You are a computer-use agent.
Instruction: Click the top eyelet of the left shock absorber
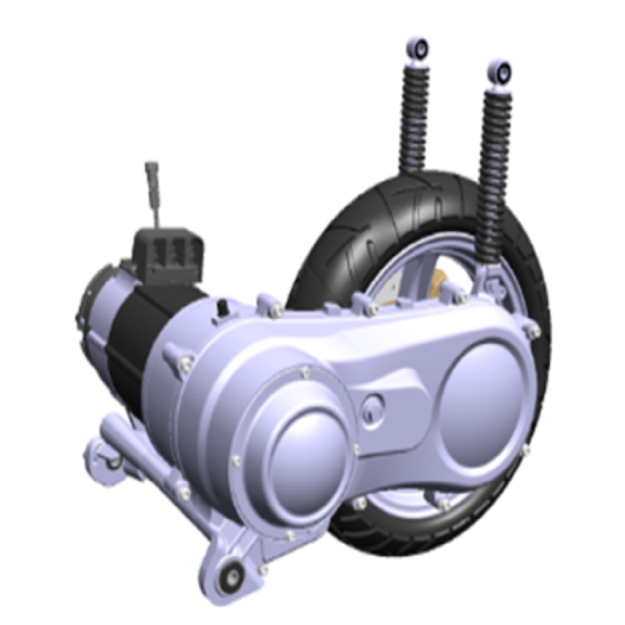point(419,47)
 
